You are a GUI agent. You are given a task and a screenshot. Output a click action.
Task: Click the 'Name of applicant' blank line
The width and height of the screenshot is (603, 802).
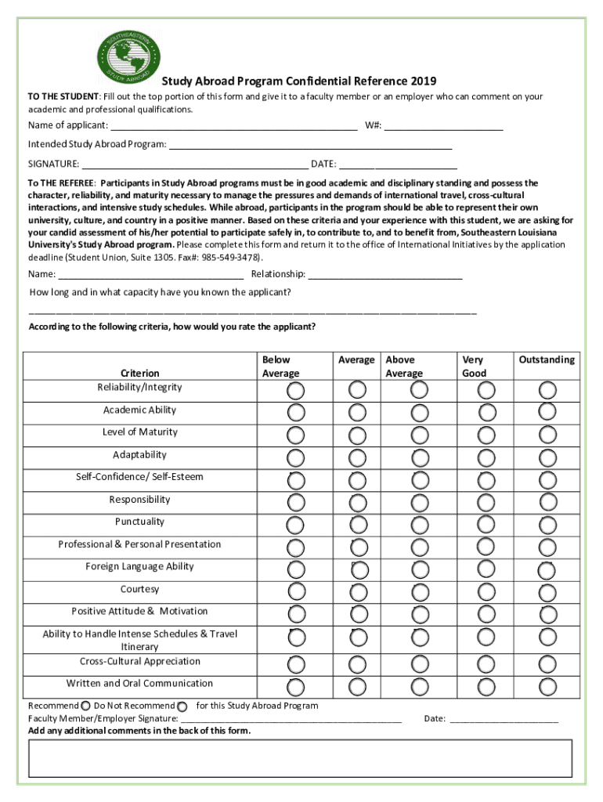pos(233,127)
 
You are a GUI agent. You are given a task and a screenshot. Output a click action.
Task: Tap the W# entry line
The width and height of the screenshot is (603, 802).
pos(443,127)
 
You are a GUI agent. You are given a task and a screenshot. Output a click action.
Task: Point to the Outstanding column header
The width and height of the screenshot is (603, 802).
pos(547,360)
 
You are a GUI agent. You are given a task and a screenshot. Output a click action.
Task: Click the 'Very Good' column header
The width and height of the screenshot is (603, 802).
pos(474,367)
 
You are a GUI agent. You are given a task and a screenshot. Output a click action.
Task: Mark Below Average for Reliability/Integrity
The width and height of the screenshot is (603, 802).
pos(296,390)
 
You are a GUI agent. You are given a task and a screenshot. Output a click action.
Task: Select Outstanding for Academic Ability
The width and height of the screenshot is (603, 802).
pos(547,412)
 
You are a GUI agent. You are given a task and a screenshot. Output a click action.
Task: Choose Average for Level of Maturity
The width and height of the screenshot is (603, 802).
pos(357,435)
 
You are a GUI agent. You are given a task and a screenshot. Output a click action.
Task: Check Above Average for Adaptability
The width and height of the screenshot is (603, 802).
pos(421,457)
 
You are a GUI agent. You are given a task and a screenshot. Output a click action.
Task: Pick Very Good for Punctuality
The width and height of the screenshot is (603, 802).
pos(486,524)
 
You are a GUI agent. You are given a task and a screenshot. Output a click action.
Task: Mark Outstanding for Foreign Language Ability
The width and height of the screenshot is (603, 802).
pos(547,569)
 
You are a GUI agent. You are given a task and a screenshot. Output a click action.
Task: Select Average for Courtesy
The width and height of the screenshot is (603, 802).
pos(357,591)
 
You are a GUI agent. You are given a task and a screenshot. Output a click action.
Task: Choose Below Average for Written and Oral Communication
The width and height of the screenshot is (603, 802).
pos(296,687)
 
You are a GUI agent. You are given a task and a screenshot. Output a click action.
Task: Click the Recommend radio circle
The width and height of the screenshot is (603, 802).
pos(85,706)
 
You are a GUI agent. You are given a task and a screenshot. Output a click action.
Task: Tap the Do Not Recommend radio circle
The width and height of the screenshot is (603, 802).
pos(182,706)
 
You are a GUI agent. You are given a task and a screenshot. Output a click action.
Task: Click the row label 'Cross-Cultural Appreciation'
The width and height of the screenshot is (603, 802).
pos(139,662)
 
